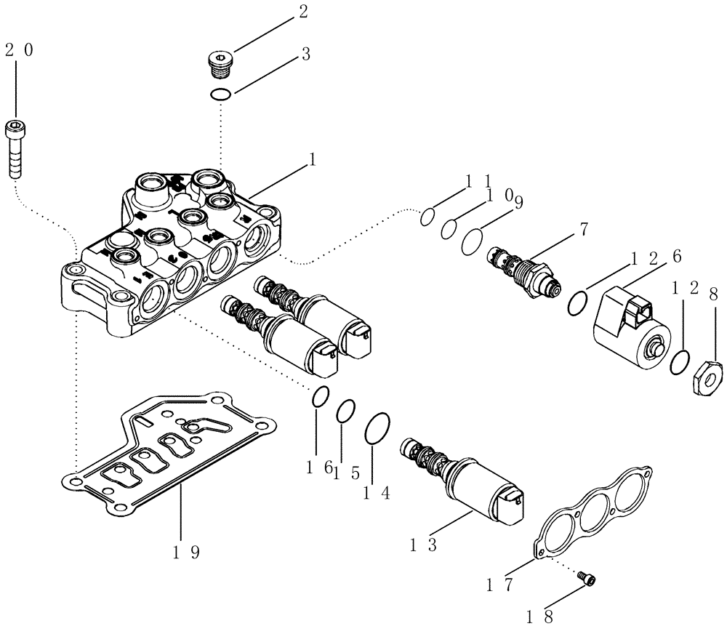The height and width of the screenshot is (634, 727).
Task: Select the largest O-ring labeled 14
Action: tap(377, 428)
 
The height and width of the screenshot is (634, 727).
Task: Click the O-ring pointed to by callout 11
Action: tap(428, 216)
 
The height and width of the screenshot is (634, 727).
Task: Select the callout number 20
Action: tap(18, 50)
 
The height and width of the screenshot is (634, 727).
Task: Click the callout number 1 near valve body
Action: tap(313, 161)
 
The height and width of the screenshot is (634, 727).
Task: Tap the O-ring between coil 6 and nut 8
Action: tap(678, 361)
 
